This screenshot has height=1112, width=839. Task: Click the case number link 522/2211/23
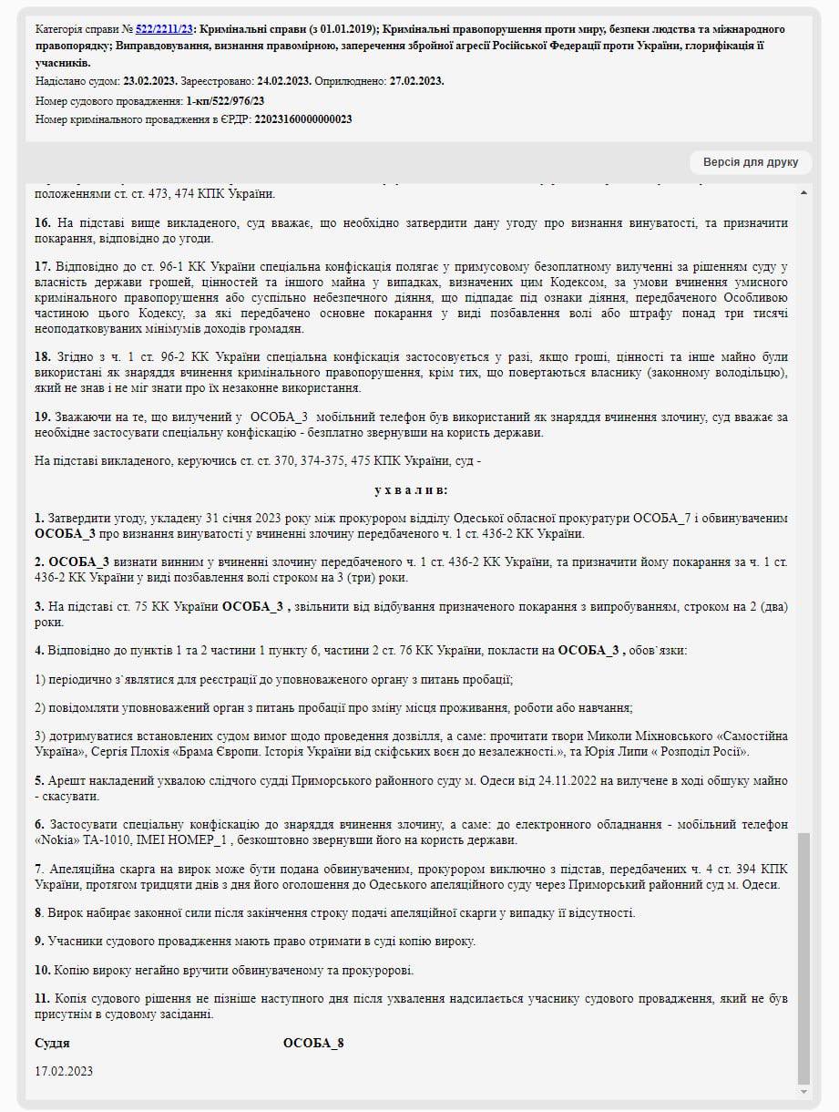coord(164,29)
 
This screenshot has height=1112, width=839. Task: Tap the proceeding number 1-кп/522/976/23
coord(225,100)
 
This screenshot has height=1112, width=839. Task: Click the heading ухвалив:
coord(411,489)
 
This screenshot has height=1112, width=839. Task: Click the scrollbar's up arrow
coord(803,192)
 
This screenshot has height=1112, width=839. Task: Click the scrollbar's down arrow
coord(803,1091)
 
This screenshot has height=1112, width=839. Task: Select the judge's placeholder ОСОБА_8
coord(313,1044)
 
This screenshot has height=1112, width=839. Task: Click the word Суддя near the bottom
coord(52,1044)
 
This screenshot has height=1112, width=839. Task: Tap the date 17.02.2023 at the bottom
coord(64,1071)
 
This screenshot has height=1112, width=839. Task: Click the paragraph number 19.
coord(42,417)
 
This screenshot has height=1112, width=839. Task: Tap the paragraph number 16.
coord(42,223)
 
